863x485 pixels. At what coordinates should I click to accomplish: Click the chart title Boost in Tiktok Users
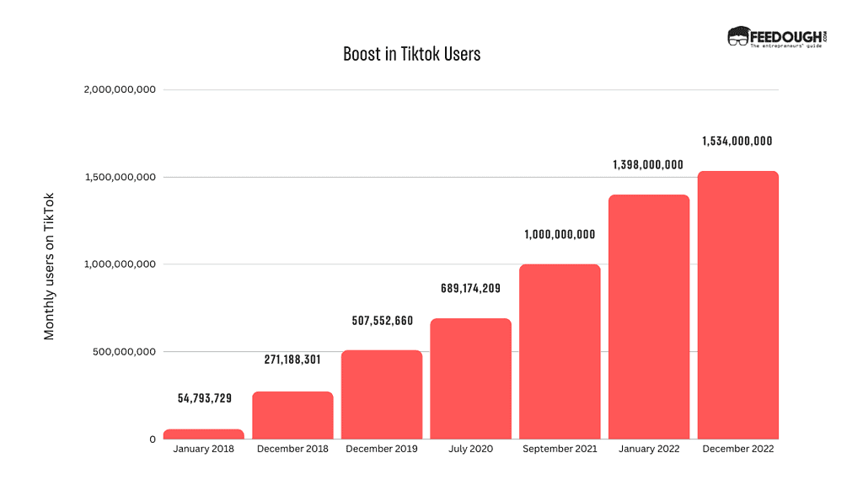tap(411, 54)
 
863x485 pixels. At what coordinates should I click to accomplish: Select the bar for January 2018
tap(203, 434)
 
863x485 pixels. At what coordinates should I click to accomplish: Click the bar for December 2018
tap(292, 415)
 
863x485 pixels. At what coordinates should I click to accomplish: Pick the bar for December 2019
tap(382, 394)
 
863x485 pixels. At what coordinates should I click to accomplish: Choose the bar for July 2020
tap(470, 378)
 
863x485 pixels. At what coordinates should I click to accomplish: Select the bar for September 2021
tap(560, 351)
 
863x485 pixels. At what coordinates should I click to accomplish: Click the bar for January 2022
tap(649, 317)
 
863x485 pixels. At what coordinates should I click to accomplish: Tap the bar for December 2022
tap(738, 305)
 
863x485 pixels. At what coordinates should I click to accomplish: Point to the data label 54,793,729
tap(204, 397)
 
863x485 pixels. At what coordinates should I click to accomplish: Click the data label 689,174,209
tap(470, 289)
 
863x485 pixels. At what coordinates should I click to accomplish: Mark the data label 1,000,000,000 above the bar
tap(560, 234)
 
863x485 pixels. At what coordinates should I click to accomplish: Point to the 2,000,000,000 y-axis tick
tap(120, 90)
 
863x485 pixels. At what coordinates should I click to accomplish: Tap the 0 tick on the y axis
tap(153, 440)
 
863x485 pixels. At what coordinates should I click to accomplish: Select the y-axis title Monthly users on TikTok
tap(49, 266)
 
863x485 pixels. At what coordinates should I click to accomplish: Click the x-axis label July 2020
tap(470, 450)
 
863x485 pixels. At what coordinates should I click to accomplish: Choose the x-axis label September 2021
tap(560, 450)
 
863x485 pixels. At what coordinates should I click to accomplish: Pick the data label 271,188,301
tap(292, 360)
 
